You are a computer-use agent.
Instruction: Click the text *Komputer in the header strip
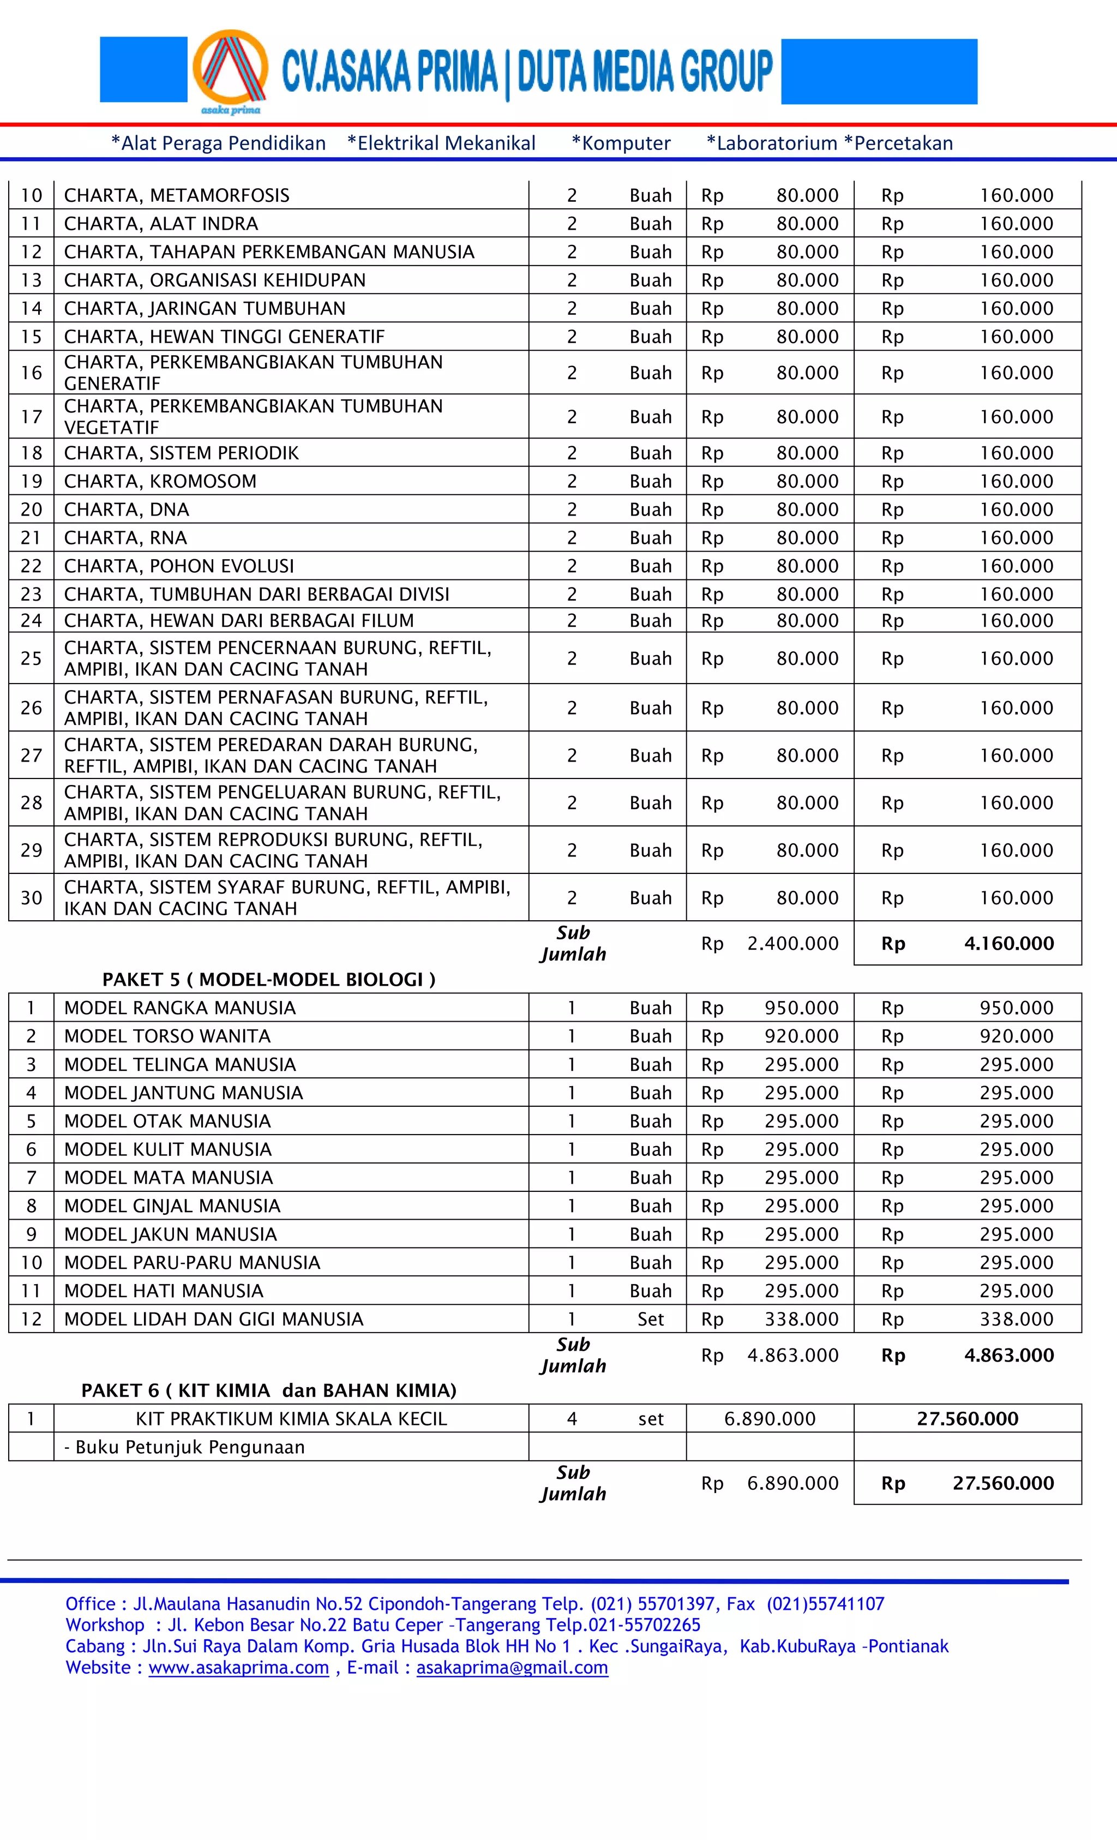point(621,143)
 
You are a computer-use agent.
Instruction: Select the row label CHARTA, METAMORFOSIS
point(176,196)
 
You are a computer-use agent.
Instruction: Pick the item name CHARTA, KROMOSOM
point(160,481)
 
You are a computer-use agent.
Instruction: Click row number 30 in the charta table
point(31,897)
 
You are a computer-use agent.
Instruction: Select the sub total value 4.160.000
point(1008,943)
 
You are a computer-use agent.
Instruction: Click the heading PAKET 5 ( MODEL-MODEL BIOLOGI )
point(269,979)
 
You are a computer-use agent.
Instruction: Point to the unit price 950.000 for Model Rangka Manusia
point(801,1008)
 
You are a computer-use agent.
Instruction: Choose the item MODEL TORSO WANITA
point(167,1036)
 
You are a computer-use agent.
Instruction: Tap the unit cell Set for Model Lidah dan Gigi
point(650,1318)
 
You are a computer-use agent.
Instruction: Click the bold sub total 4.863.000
point(1008,1354)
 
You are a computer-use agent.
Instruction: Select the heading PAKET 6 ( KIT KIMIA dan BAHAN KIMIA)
point(269,1391)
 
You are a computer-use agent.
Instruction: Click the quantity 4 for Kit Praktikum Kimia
point(572,1419)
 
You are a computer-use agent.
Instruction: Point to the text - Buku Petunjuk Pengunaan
point(184,1447)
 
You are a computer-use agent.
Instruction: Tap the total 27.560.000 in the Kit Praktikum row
point(967,1419)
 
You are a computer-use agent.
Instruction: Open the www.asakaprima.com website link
point(238,1668)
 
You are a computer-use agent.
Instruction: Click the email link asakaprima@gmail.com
point(512,1668)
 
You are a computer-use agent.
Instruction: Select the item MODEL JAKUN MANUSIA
point(170,1233)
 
